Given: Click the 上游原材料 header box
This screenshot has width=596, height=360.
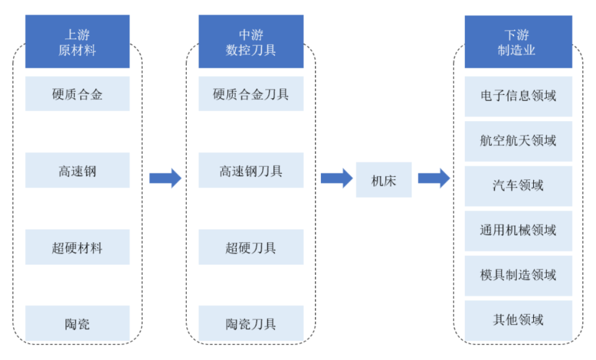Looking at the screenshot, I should click(77, 42).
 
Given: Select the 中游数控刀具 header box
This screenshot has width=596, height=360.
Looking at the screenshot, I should click(251, 42).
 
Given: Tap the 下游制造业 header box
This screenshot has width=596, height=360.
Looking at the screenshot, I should click(518, 42).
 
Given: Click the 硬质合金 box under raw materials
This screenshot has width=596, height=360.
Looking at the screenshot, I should click(77, 94).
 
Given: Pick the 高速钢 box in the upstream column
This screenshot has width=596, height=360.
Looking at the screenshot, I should click(77, 171).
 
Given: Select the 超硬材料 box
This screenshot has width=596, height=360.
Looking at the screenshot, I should click(77, 247).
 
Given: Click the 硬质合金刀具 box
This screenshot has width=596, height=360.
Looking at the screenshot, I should click(251, 94).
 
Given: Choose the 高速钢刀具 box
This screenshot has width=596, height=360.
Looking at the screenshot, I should click(251, 171).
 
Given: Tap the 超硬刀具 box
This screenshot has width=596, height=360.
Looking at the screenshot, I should click(251, 247).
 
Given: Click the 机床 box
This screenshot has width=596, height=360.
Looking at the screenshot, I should click(383, 180).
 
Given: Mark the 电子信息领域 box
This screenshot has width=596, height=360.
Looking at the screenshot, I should click(518, 95).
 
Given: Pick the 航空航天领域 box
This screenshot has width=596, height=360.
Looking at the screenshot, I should click(518, 140).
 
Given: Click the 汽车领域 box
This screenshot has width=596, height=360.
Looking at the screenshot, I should click(518, 185).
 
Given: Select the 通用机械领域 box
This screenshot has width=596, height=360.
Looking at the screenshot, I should click(518, 230).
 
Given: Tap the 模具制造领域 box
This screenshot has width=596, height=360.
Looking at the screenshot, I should click(518, 274).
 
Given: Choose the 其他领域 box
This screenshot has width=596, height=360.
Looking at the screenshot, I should click(518, 320).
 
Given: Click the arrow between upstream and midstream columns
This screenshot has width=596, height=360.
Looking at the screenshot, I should click(165, 179).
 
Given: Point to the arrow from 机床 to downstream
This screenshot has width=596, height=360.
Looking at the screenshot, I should click(433, 179).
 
